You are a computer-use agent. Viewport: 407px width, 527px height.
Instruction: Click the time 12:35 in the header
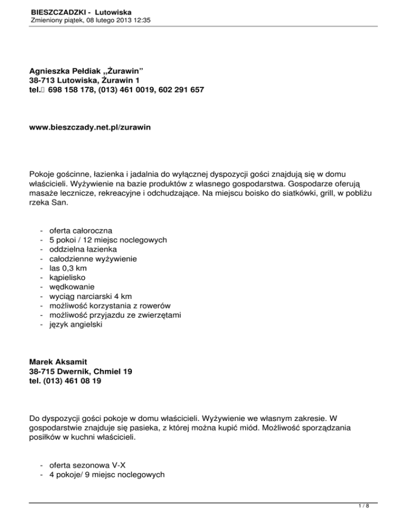coord(141,20)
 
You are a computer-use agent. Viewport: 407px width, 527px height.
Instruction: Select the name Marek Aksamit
coord(57,362)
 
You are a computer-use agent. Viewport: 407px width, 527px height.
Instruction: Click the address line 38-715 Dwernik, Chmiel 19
coord(81,372)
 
